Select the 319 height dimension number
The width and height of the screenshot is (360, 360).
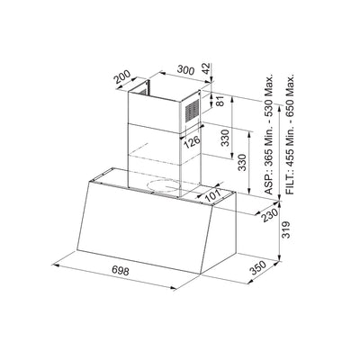[287, 231]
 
